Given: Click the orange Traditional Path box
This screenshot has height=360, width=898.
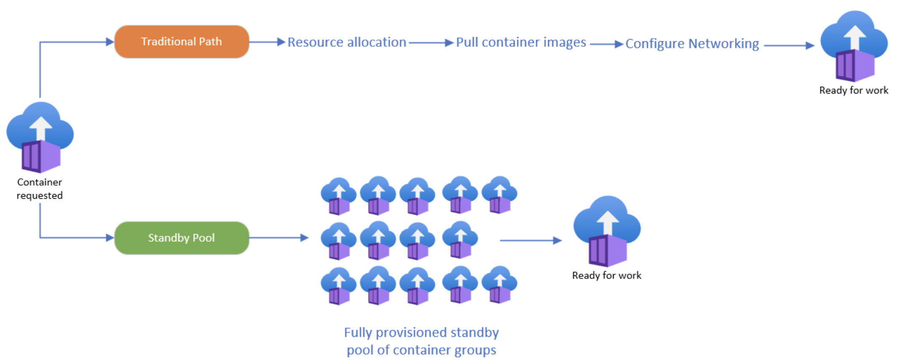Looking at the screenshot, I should [182, 42].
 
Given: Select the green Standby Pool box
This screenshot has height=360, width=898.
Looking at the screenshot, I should [182, 238].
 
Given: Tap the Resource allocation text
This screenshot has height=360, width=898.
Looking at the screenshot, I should [347, 42].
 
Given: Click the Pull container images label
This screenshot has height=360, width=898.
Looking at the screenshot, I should [521, 42].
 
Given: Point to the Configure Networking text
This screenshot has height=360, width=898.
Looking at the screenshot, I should [692, 43].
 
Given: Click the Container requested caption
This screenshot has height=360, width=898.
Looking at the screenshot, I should [40, 189].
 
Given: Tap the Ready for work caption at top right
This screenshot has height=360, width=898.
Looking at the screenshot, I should [853, 90].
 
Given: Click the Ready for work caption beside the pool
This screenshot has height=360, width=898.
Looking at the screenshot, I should [607, 275].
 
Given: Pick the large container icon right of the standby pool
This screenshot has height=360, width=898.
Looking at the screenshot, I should [607, 232].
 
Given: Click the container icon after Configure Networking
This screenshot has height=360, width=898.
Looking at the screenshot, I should [854, 46].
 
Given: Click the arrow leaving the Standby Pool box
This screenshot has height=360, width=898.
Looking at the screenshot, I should [278, 238].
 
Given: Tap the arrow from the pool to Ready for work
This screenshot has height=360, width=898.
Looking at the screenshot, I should [530, 240].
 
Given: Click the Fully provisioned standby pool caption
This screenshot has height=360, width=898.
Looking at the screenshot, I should [421, 341].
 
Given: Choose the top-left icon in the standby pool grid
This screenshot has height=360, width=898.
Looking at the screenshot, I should [338, 196].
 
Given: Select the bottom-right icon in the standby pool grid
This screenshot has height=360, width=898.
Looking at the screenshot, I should [499, 284].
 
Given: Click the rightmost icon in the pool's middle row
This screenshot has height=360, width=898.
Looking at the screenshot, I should [460, 240].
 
